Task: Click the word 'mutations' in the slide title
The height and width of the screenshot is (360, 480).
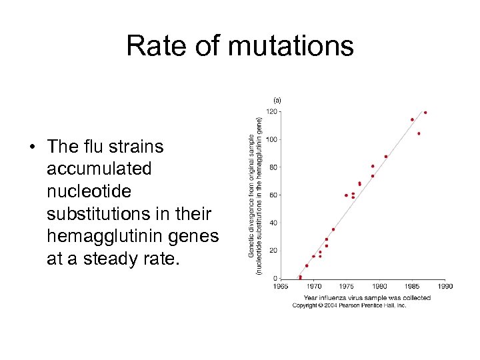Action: [x=291, y=46]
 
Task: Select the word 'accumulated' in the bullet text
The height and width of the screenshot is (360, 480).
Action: [x=99, y=169]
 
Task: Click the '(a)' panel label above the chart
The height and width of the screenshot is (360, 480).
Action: [x=277, y=100]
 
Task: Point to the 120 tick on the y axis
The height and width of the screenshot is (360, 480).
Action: [x=273, y=112]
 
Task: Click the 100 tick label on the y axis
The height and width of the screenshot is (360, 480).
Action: [x=273, y=139]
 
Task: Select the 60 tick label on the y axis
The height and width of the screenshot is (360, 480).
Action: [x=274, y=195]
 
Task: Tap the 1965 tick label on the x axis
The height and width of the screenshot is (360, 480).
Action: [x=281, y=286]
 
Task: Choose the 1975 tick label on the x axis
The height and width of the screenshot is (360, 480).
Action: [x=347, y=286]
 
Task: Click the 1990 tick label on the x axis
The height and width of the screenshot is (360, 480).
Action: [x=445, y=286]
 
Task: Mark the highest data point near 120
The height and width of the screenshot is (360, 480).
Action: [x=425, y=113]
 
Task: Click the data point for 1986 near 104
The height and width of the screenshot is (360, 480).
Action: [x=419, y=133]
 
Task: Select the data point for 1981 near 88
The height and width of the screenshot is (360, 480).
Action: [x=386, y=157]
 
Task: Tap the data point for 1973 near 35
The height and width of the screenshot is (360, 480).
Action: [x=333, y=229]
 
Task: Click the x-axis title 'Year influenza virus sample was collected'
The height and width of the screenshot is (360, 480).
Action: [x=367, y=297]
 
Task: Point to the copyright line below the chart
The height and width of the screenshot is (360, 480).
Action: [x=349, y=305]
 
